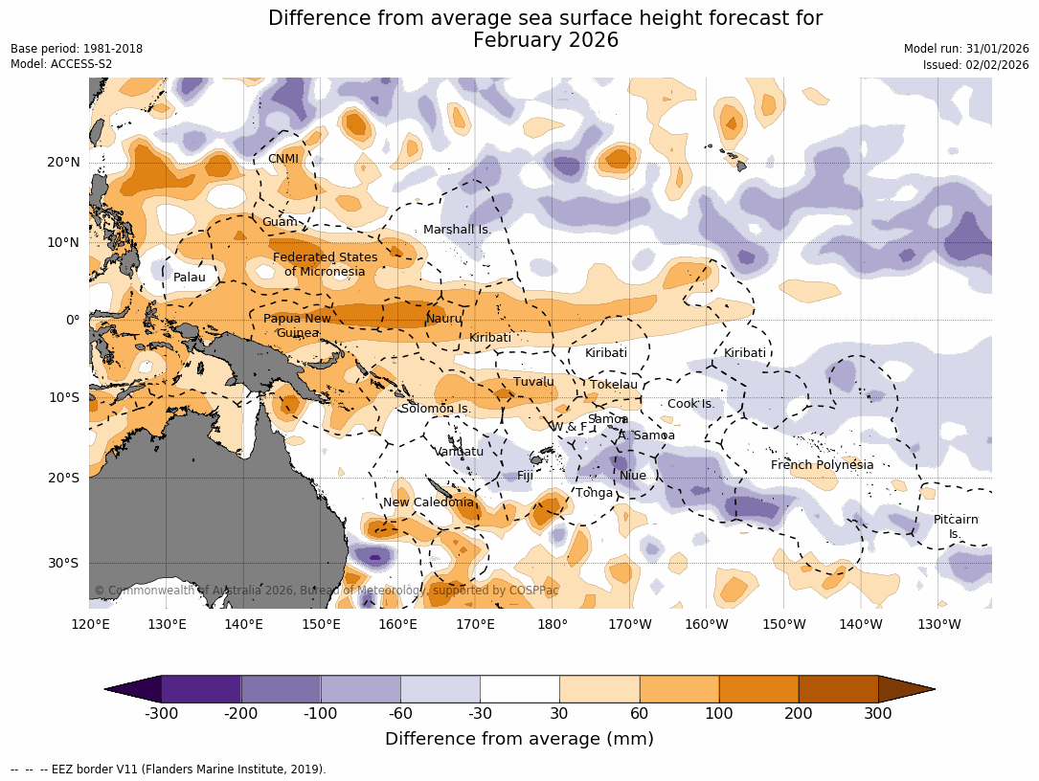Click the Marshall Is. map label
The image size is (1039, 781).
click(x=457, y=230)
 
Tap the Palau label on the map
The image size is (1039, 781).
click(x=190, y=278)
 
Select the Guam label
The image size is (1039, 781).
click(x=280, y=222)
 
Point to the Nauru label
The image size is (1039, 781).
click(x=444, y=319)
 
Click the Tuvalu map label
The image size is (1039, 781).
click(x=533, y=382)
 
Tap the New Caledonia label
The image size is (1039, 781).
click(x=428, y=502)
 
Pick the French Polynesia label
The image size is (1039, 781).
click(x=822, y=465)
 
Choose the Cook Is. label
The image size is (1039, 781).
click(x=690, y=404)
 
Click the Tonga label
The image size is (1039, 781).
click(x=594, y=493)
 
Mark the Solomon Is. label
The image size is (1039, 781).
click(x=436, y=409)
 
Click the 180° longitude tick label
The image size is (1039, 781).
click(x=553, y=625)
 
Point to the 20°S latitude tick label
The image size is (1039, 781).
click(x=63, y=478)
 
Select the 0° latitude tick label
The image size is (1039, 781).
click(x=73, y=320)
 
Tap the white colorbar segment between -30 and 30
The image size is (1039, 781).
click(x=519, y=689)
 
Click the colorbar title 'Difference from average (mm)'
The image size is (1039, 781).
click(x=519, y=739)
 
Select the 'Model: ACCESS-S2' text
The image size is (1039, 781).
click(x=61, y=64)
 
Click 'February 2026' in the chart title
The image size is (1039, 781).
click(x=545, y=40)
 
